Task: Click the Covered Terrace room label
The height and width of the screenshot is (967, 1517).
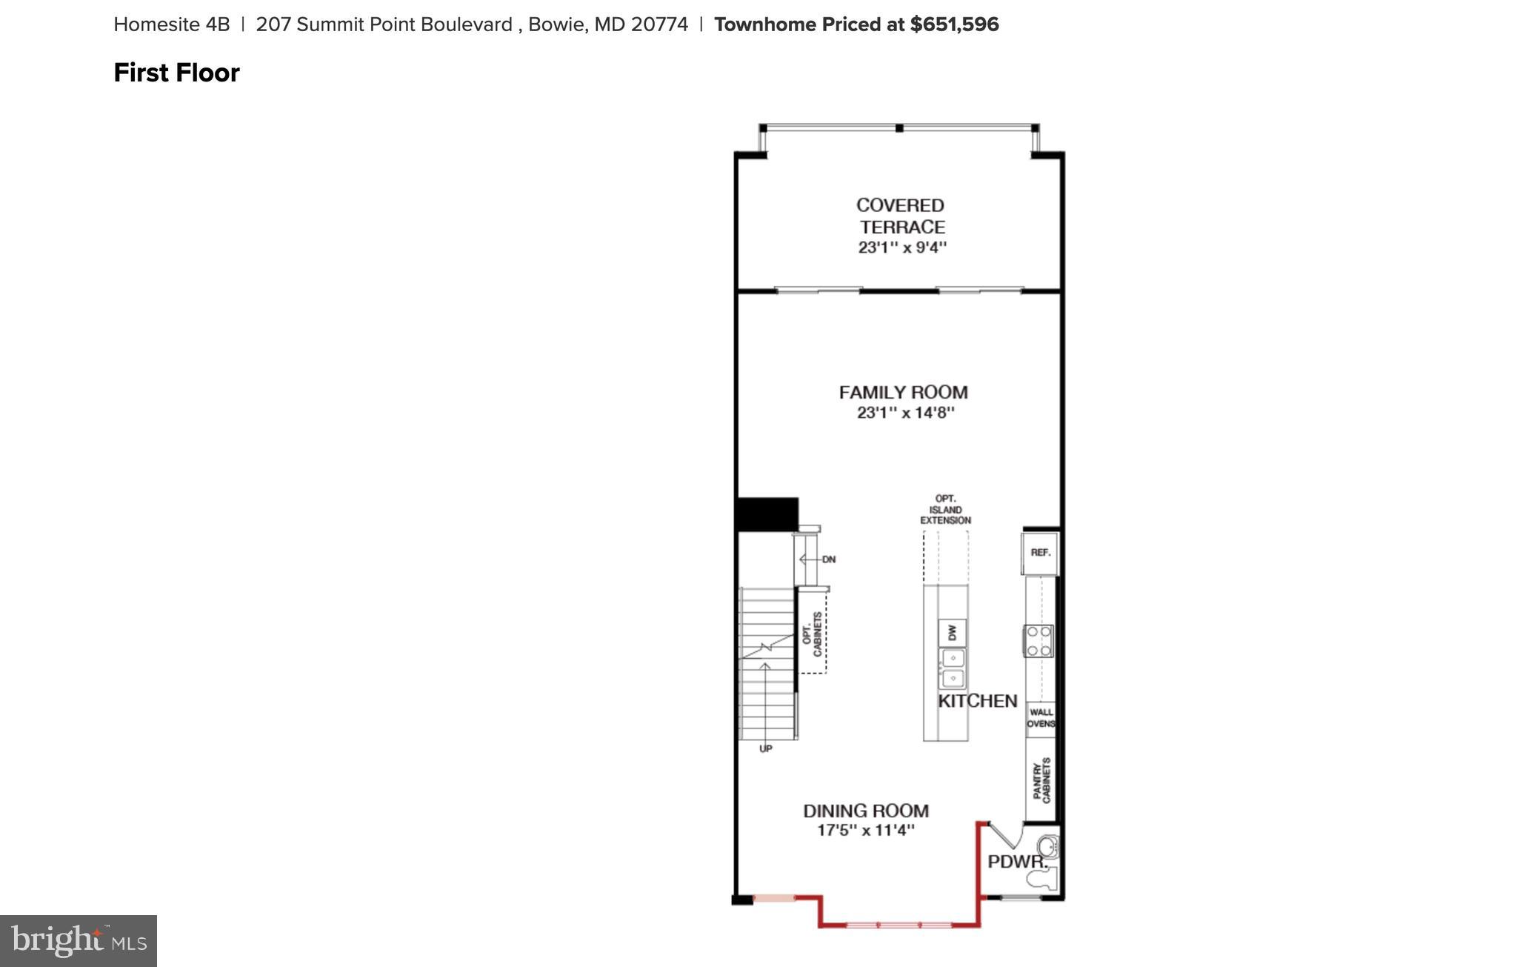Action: pos(901,216)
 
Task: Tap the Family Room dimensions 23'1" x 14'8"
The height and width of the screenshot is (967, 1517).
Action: pos(905,413)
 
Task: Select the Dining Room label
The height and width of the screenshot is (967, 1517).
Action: pos(865,811)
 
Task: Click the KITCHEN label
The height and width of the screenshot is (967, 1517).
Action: pos(978,700)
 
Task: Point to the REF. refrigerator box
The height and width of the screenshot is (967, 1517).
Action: pos(1040,553)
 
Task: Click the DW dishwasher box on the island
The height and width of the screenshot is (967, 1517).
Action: pos(952,632)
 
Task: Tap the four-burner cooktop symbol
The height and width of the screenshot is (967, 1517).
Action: pos(1038,641)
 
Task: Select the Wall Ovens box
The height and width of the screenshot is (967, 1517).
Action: pos(1041,718)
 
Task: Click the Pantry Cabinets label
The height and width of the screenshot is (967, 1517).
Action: pos(1041,780)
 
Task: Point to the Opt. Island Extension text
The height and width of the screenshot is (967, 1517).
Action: pos(945,510)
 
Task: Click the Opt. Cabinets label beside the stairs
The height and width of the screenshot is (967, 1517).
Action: pos(812,634)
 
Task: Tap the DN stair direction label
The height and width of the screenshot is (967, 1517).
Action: pos(828,559)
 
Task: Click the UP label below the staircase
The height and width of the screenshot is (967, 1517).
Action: pos(765,749)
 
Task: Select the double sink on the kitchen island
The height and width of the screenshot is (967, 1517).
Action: pos(952,668)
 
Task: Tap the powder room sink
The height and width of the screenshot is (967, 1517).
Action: pos(1049,846)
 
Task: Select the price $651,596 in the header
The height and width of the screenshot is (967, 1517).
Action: pos(954,24)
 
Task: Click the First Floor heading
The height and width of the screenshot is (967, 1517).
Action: pos(176,73)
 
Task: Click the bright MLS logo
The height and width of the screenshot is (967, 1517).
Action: pos(78,940)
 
